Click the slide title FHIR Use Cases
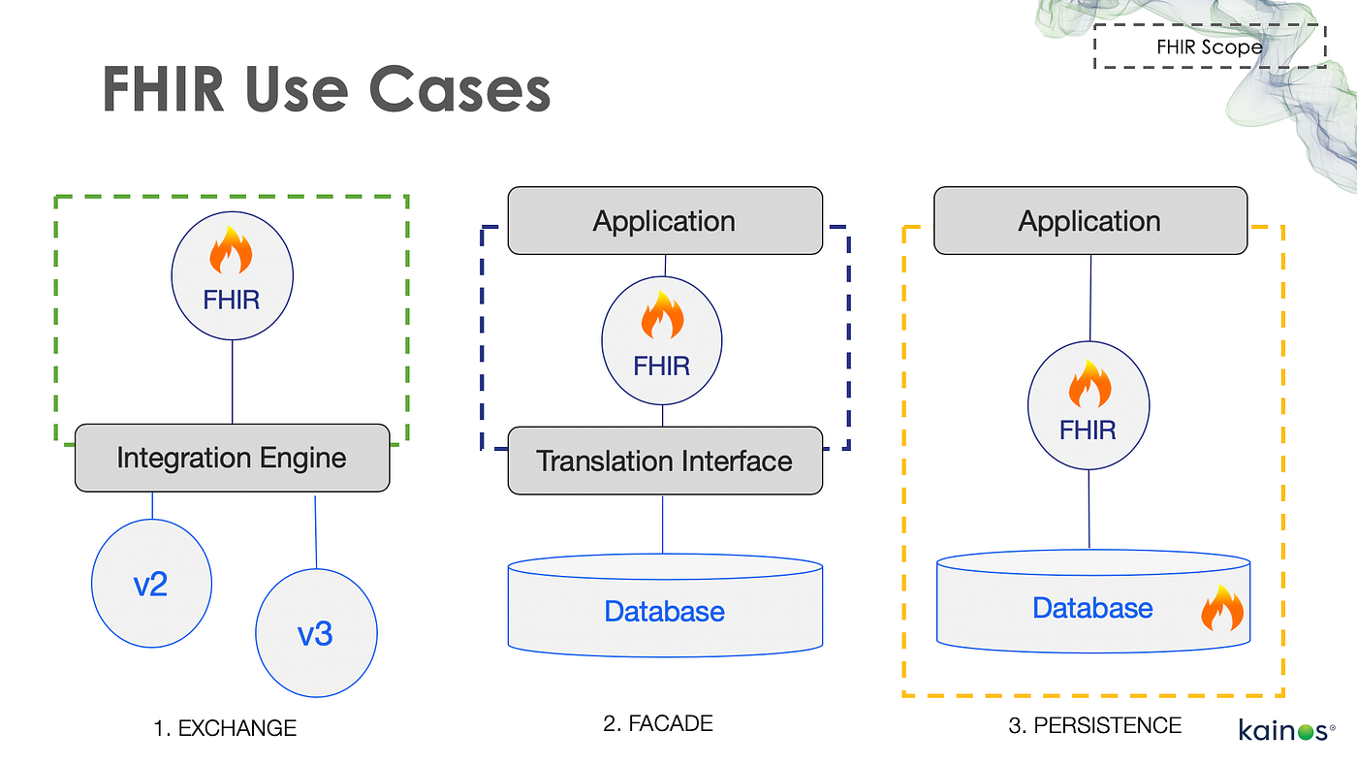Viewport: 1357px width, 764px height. click(x=327, y=90)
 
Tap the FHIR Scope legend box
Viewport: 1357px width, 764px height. click(x=1209, y=47)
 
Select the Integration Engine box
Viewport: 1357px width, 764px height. click(x=232, y=458)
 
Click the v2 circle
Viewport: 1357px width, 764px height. click(x=151, y=585)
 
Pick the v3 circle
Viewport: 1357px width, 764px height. click(x=316, y=633)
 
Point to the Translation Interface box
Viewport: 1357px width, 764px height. click(x=664, y=461)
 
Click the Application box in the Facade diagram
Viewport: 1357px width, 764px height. click(x=664, y=222)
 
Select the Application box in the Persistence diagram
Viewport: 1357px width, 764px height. click(x=1089, y=222)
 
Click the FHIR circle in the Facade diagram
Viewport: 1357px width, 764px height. click(x=662, y=344)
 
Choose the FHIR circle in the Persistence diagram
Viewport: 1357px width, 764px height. click(x=1089, y=408)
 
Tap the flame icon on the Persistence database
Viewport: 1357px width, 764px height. click(x=1221, y=610)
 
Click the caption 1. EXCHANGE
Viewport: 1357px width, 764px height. click(x=225, y=728)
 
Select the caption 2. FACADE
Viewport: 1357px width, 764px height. click(x=658, y=723)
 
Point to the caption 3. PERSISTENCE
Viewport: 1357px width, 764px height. click(x=1094, y=726)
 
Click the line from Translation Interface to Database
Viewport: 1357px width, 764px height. click(x=663, y=525)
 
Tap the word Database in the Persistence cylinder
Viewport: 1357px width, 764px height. click(x=1092, y=608)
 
